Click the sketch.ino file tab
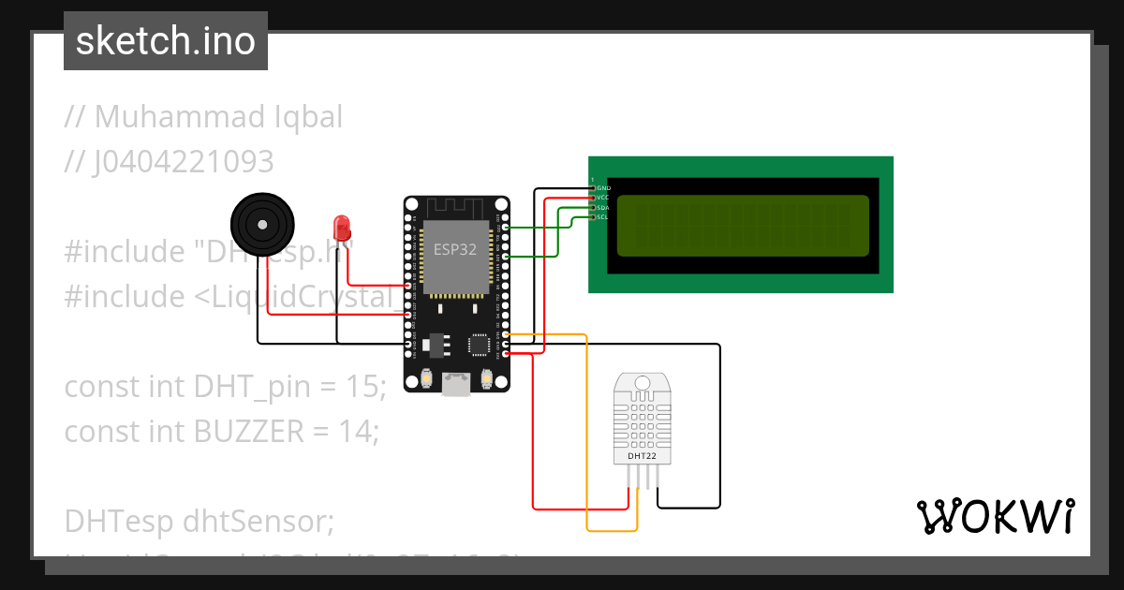click(165, 41)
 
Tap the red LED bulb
click(342, 227)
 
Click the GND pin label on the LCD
click(603, 188)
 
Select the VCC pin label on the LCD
click(603, 198)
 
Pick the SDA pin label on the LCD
click(603, 207)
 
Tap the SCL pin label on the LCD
click(603, 216)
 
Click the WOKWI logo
click(995, 516)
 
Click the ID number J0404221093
click(184, 162)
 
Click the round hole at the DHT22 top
click(642, 383)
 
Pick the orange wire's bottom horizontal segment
click(612, 531)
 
